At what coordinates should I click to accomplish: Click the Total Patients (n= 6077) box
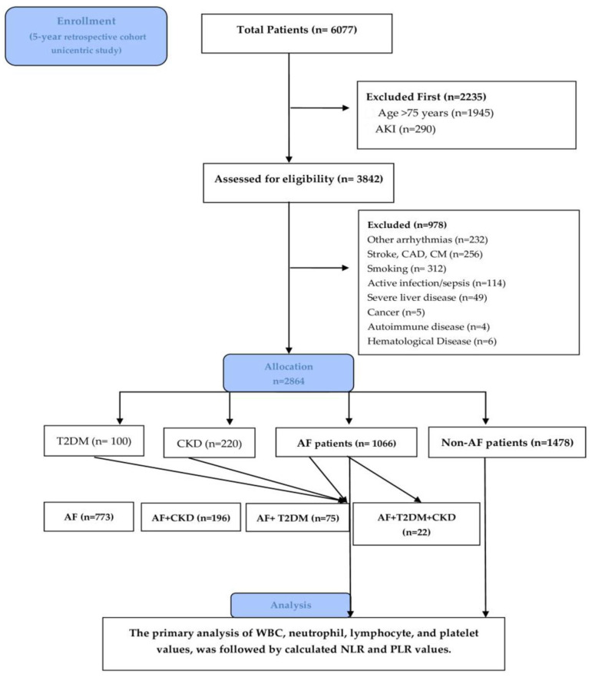(296, 33)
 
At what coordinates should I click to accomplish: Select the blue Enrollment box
(86, 36)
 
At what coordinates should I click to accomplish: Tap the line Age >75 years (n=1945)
(435, 113)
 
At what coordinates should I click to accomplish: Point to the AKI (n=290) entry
(405, 129)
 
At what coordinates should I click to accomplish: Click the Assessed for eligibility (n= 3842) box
(299, 183)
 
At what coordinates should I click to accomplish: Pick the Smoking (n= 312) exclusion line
(406, 269)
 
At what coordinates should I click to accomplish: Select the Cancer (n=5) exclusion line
(396, 312)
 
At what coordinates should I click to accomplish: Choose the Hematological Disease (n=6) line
(432, 341)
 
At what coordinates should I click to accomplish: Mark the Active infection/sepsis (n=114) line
(436, 283)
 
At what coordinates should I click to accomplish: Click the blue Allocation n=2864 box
(289, 374)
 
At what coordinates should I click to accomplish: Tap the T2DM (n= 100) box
(94, 441)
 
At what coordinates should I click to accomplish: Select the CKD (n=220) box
(209, 443)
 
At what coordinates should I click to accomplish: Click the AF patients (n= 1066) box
(346, 443)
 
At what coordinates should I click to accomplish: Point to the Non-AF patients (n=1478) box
(507, 442)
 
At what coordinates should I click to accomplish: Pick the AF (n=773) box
(88, 517)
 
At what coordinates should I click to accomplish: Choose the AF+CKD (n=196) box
(190, 517)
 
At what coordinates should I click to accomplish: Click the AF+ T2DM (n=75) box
(297, 517)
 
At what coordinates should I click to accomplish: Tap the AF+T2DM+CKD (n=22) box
(416, 523)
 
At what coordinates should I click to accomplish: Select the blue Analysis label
(290, 605)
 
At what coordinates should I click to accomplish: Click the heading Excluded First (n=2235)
(426, 97)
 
